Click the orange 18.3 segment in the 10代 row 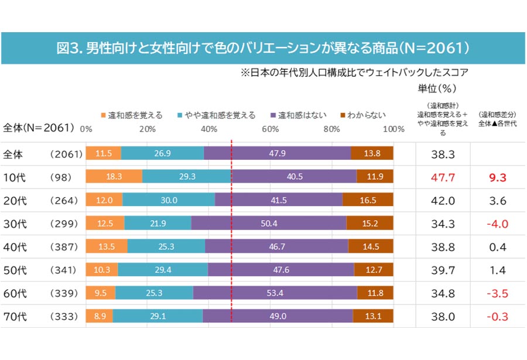(114, 176)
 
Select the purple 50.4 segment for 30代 (269, 223)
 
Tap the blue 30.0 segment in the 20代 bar (169, 200)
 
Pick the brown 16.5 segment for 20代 (368, 200)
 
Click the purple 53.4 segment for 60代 (275, 293)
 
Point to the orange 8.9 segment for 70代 (100, 316)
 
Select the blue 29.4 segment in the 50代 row (163, 270)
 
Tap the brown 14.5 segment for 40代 (371, 246)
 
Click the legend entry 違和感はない (299, 115)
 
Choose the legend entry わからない (363, 115)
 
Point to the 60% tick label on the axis (270, 129)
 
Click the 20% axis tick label (148, 129)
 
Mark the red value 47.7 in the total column (443, 177)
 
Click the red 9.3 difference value (497, 177)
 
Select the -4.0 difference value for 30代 (497, 224)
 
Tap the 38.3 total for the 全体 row (443, 155)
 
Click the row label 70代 (15, 316)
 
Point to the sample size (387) (64, 246)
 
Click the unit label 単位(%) (437, 88)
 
